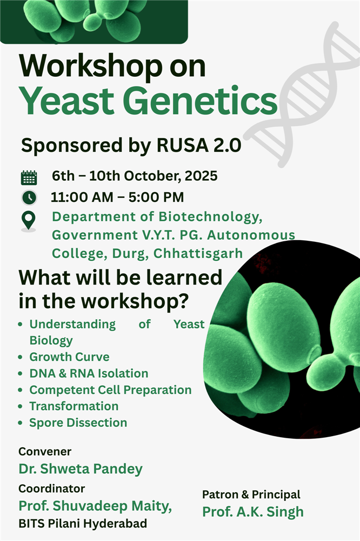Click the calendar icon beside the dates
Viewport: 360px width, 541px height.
[29, 177]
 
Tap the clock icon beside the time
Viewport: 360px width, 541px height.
[29, 197]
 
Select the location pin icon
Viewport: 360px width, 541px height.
[29, 221]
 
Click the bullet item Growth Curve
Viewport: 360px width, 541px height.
[69, 357]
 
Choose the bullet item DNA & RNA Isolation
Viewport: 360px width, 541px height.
[89, 373]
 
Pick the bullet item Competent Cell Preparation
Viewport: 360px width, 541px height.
[110, 390]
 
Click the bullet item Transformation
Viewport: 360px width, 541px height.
[74, 406]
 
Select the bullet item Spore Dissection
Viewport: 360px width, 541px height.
[78, 423]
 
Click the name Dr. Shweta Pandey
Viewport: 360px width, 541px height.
[81, 469]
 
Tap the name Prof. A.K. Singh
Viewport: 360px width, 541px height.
[253, 511]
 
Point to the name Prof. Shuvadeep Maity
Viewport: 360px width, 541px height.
[96, 506]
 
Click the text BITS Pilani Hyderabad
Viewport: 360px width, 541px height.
[83, 524]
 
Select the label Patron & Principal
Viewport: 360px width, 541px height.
[251, 494]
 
